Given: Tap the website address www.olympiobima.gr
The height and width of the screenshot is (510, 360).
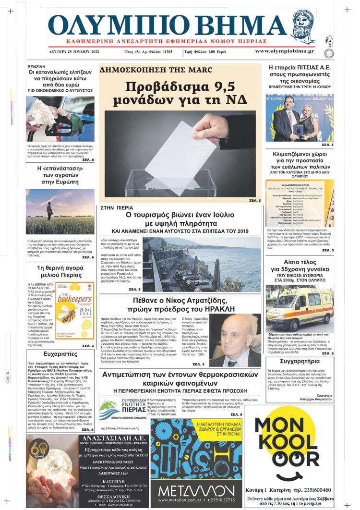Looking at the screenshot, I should point(284,51).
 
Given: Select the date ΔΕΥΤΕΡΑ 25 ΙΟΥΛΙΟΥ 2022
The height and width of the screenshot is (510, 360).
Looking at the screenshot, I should point(76,51).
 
